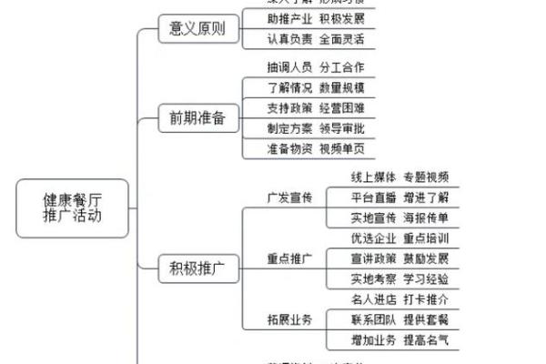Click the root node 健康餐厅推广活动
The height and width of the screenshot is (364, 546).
click(x=73, y=208)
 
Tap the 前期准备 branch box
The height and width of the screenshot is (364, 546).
click(x=197, y=118)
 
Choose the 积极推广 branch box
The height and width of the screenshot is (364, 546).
click(x=197, y=269)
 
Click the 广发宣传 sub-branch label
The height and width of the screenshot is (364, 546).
click(x=289, y=197)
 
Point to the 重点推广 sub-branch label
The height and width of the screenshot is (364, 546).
click(x=289, y=258)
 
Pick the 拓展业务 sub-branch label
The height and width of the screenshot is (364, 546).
click(x=289, y=319)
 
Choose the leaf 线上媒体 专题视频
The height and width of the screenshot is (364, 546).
click(x=399, y=177)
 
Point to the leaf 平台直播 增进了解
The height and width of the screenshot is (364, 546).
click(x=399, y=197)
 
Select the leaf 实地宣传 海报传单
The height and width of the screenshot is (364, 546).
click(x=399, y=217)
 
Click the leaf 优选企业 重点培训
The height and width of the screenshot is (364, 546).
click(x=399, y=238)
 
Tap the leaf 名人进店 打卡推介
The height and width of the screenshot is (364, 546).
click(x=399, y=299)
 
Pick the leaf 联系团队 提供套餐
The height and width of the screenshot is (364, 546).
click(x=399, y=319)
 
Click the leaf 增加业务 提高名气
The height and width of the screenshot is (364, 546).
click(x=399, y=340)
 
